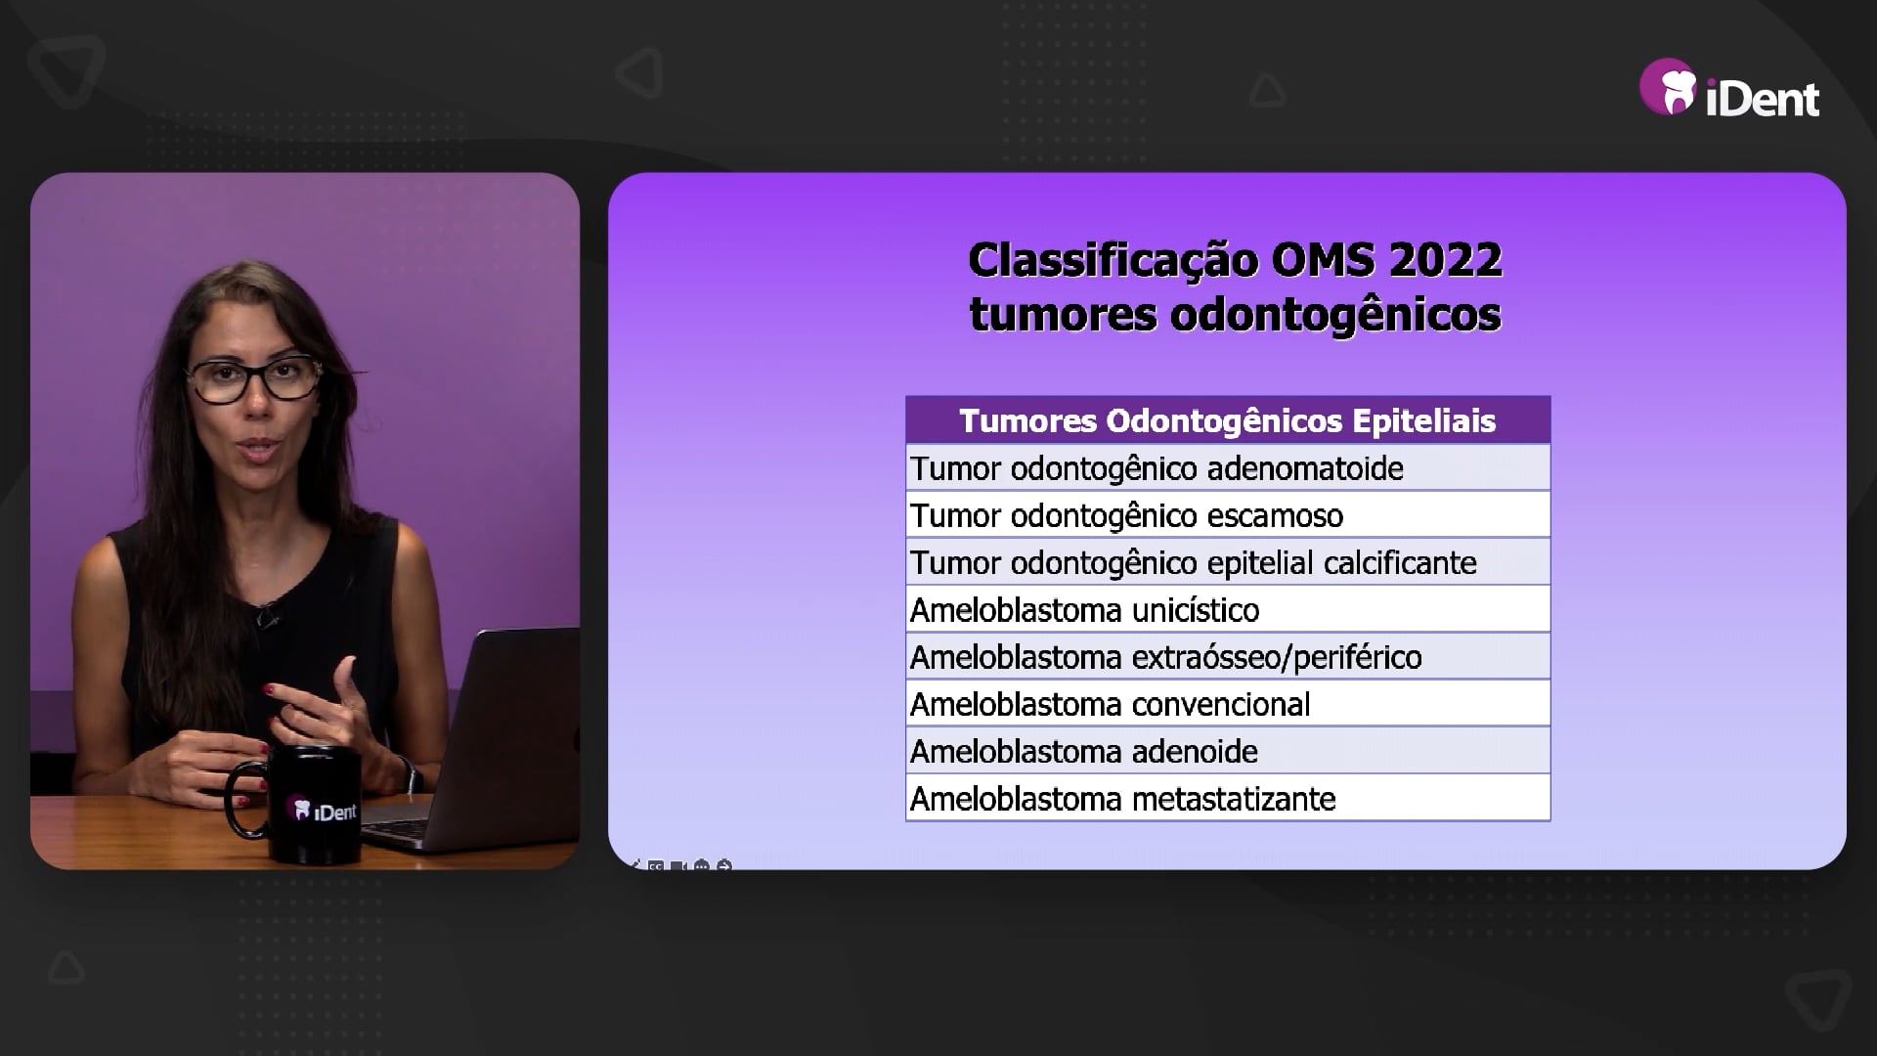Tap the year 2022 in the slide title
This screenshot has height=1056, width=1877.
coord(1445,260)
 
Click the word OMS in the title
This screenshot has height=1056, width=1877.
coord(1324,260)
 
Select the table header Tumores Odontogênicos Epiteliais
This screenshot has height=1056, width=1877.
coord(1228,420)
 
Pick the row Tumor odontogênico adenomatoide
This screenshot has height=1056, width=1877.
coord(1228,468)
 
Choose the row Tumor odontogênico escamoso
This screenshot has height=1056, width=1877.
coord(1228,515)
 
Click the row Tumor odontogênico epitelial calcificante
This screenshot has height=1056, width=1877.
coord(1228,562)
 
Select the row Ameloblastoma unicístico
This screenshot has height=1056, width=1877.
coord(1228,610)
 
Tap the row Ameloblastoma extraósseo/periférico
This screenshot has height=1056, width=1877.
coord(1228,657)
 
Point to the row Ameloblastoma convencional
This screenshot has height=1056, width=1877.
coord(1228,704)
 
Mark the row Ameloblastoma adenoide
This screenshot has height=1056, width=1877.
coord(1228,751)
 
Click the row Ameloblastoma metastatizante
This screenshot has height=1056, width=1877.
coord(1228,798)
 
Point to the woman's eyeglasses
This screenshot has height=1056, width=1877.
coord(255,377)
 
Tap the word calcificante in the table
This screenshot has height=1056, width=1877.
coord(1400,562)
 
